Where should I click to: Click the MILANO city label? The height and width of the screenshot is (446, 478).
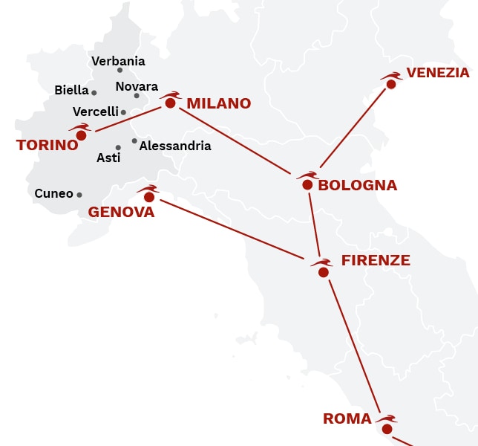[x=218, y=103]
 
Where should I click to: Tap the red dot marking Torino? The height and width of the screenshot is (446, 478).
[x=81, y=135]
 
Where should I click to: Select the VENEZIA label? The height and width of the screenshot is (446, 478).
[x=438, y=73]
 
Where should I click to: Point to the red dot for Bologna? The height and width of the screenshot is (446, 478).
[x=307, y=184]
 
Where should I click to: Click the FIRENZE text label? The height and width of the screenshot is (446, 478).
[x=376, y=260]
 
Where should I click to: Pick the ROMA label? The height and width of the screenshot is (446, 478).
[x=347, y=419]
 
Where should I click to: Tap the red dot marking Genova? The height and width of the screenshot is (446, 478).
[x=149, y=197]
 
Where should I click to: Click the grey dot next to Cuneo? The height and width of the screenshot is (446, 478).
[x=79, y=195]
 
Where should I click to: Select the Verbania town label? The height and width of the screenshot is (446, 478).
[x=118, y=61]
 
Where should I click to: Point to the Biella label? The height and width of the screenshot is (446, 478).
[x=71, y=91]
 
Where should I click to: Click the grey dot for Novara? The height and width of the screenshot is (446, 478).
[x=137, y=95]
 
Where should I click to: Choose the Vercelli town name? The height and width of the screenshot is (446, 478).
[x=95, y=111]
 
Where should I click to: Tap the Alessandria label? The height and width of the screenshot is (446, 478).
[x=175, y=146]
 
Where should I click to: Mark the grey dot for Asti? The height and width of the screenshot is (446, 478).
[x=118, y=147]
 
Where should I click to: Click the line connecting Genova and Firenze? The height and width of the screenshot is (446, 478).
[x=230, y=230]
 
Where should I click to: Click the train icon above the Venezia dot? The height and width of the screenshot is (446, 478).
[x=390, y=75]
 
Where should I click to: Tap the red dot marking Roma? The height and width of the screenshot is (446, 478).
[x=387, y=429]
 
